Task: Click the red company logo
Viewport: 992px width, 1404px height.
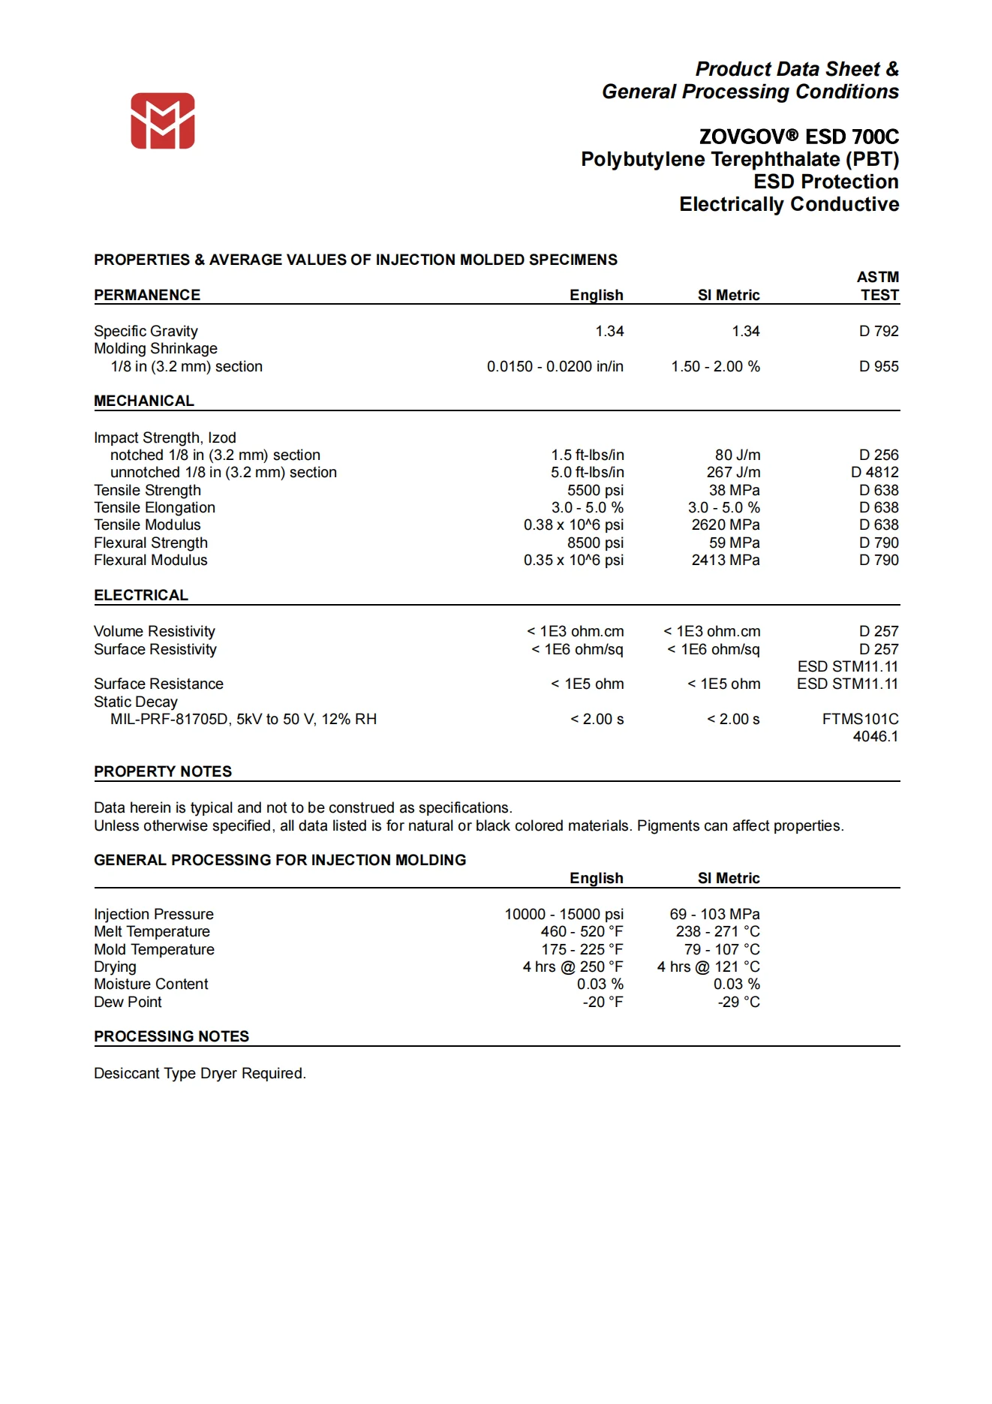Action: (163, 121)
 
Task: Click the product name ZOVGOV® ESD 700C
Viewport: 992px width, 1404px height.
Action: (798, 137)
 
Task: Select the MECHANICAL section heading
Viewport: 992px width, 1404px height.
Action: (144, 401)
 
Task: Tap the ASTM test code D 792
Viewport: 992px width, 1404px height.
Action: (879, 331)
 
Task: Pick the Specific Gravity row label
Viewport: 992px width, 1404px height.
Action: (146, 331)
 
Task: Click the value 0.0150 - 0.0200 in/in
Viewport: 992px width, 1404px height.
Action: (555, 366)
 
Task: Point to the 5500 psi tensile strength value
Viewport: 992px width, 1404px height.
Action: (595, 490)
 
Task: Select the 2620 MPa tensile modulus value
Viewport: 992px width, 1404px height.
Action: (725, 525)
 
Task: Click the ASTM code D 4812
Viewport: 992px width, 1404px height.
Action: (874, 472)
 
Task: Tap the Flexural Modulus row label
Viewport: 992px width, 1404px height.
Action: (150, 560)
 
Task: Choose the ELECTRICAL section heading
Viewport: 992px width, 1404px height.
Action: (141, 595)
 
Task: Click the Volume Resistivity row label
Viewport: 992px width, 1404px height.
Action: (155, 631)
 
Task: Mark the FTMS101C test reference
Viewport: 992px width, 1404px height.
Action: (860, 719)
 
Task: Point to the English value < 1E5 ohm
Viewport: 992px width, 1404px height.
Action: (587, 684)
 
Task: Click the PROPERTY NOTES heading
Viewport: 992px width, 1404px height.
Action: (163, 771)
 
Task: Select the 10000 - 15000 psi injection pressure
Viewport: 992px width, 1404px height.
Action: (564, 914)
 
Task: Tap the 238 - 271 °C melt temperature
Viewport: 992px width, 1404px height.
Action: (717, 931)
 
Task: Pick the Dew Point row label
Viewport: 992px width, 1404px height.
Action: (128, 1002)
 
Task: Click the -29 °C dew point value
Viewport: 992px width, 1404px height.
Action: (738, 1002)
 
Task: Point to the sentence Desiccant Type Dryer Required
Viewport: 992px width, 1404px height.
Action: (200, 1073)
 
